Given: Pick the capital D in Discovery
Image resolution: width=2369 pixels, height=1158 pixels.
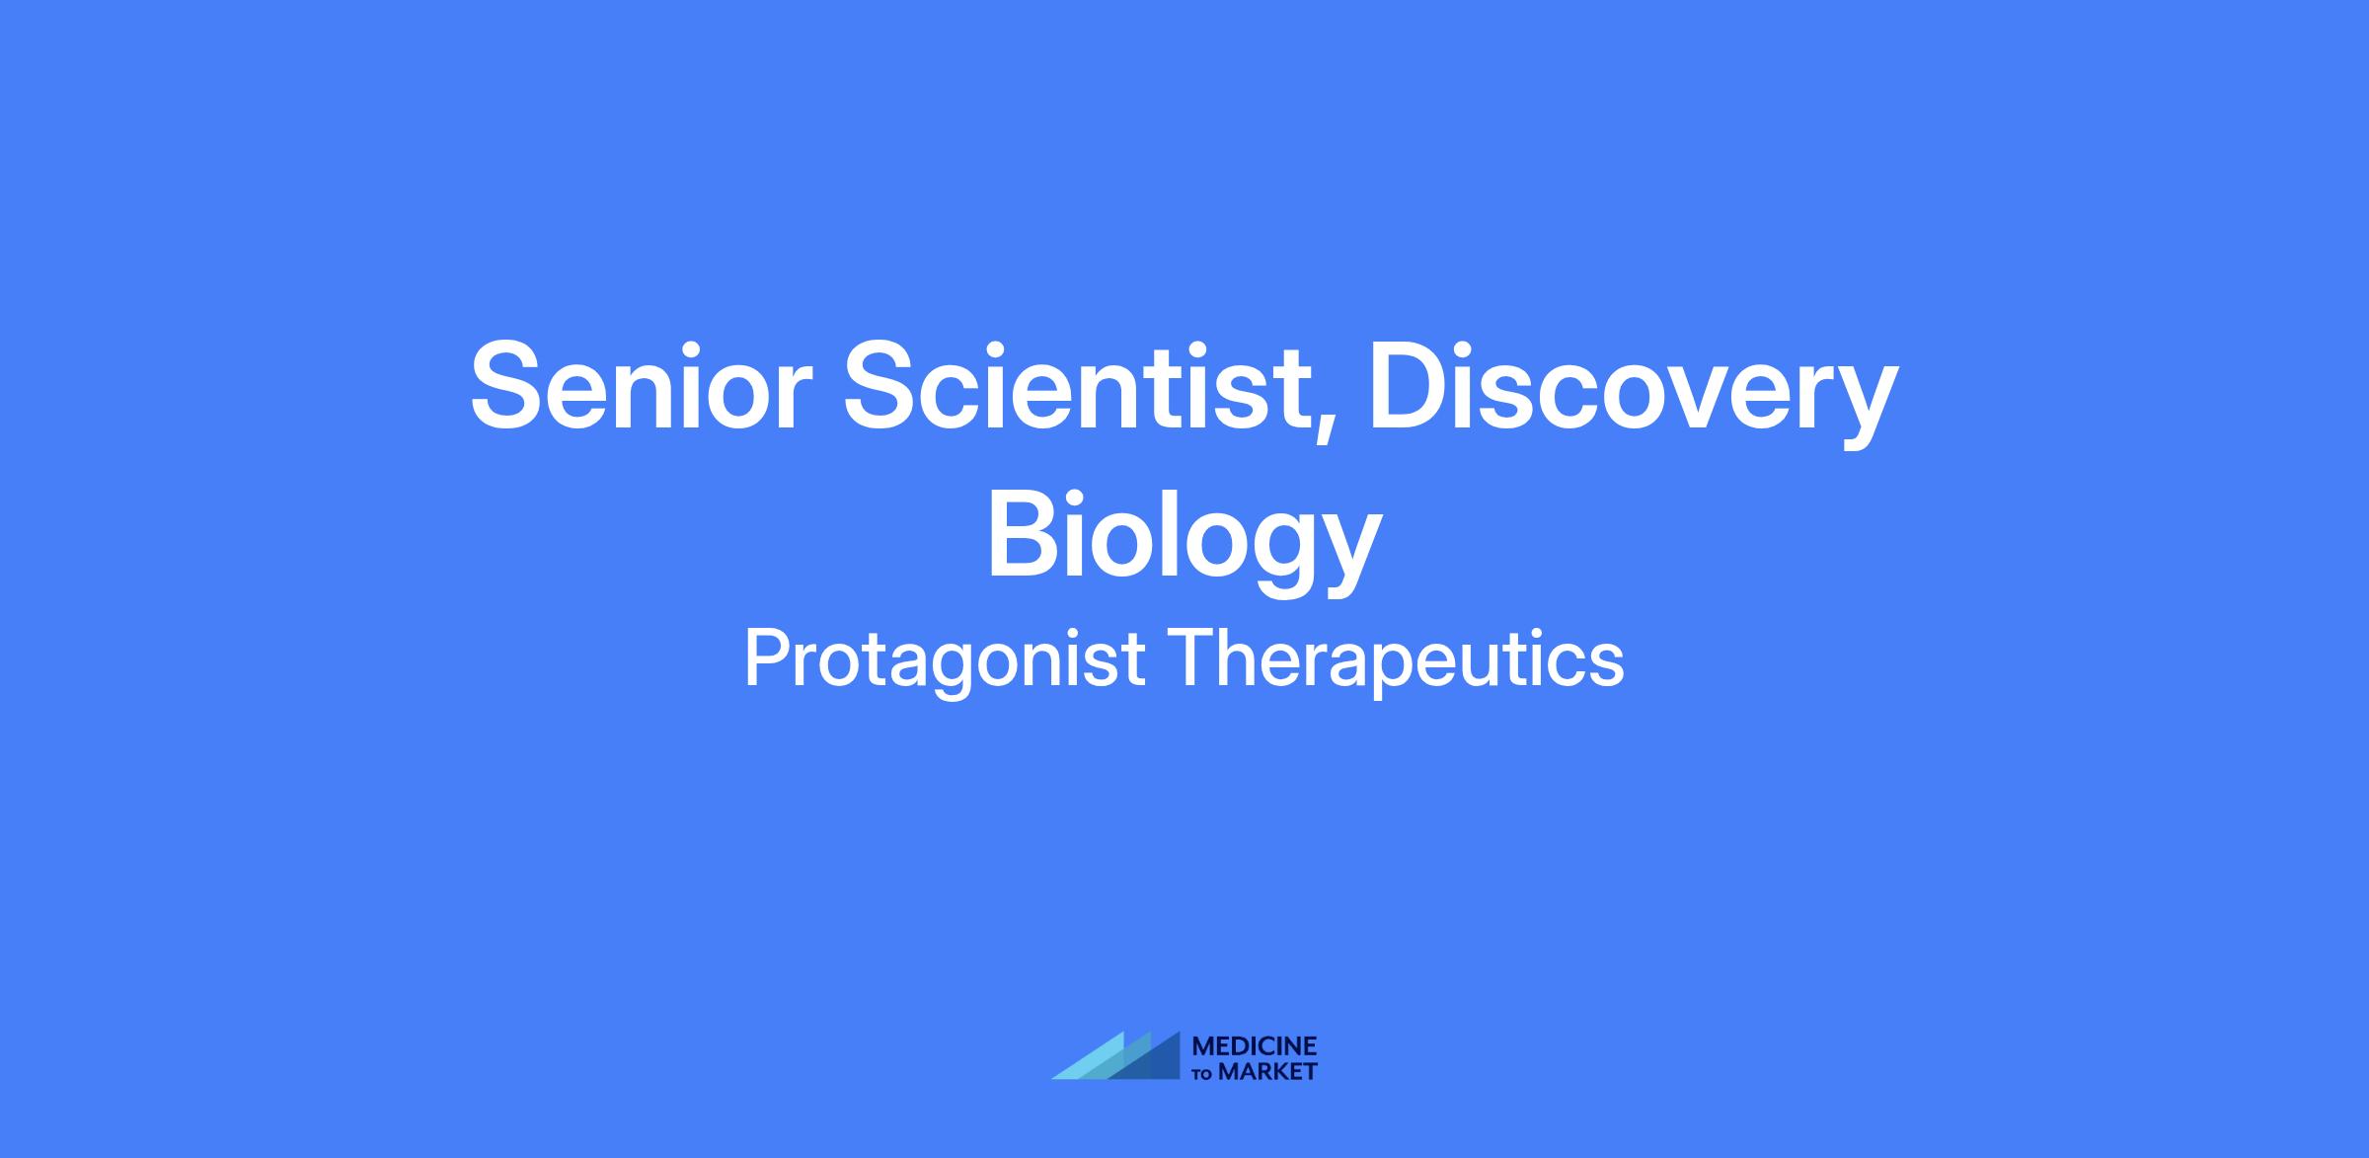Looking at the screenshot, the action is tap(1409, 386).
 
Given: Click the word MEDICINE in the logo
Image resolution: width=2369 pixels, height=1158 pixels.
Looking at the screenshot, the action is tap(1256, 1046).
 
